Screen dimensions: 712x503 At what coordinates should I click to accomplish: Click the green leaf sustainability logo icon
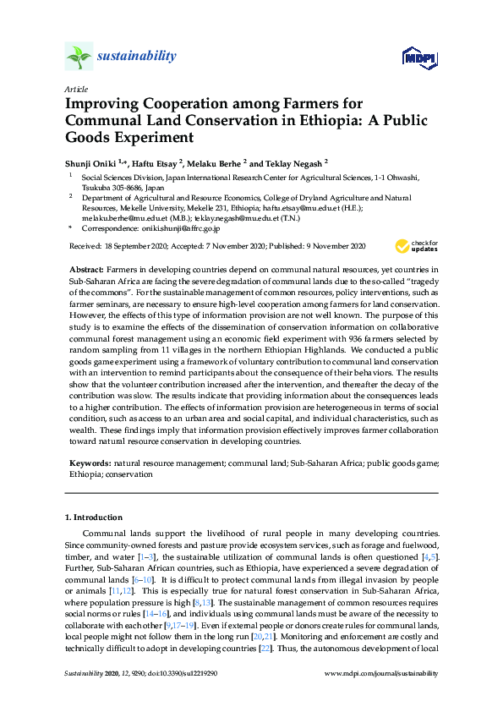click(x=78, y=58)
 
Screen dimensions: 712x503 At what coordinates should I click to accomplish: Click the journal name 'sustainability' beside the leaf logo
click(x=138, y=57)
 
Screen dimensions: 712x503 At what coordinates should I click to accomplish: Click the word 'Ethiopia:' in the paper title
click(x=303, y=119)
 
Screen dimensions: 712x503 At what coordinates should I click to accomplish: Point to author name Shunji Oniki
click(x=95, y=162)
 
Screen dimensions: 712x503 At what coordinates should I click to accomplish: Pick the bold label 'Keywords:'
click(x=90, y=464)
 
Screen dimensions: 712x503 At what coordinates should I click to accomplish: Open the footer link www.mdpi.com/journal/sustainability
click(x=381, y=674)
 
